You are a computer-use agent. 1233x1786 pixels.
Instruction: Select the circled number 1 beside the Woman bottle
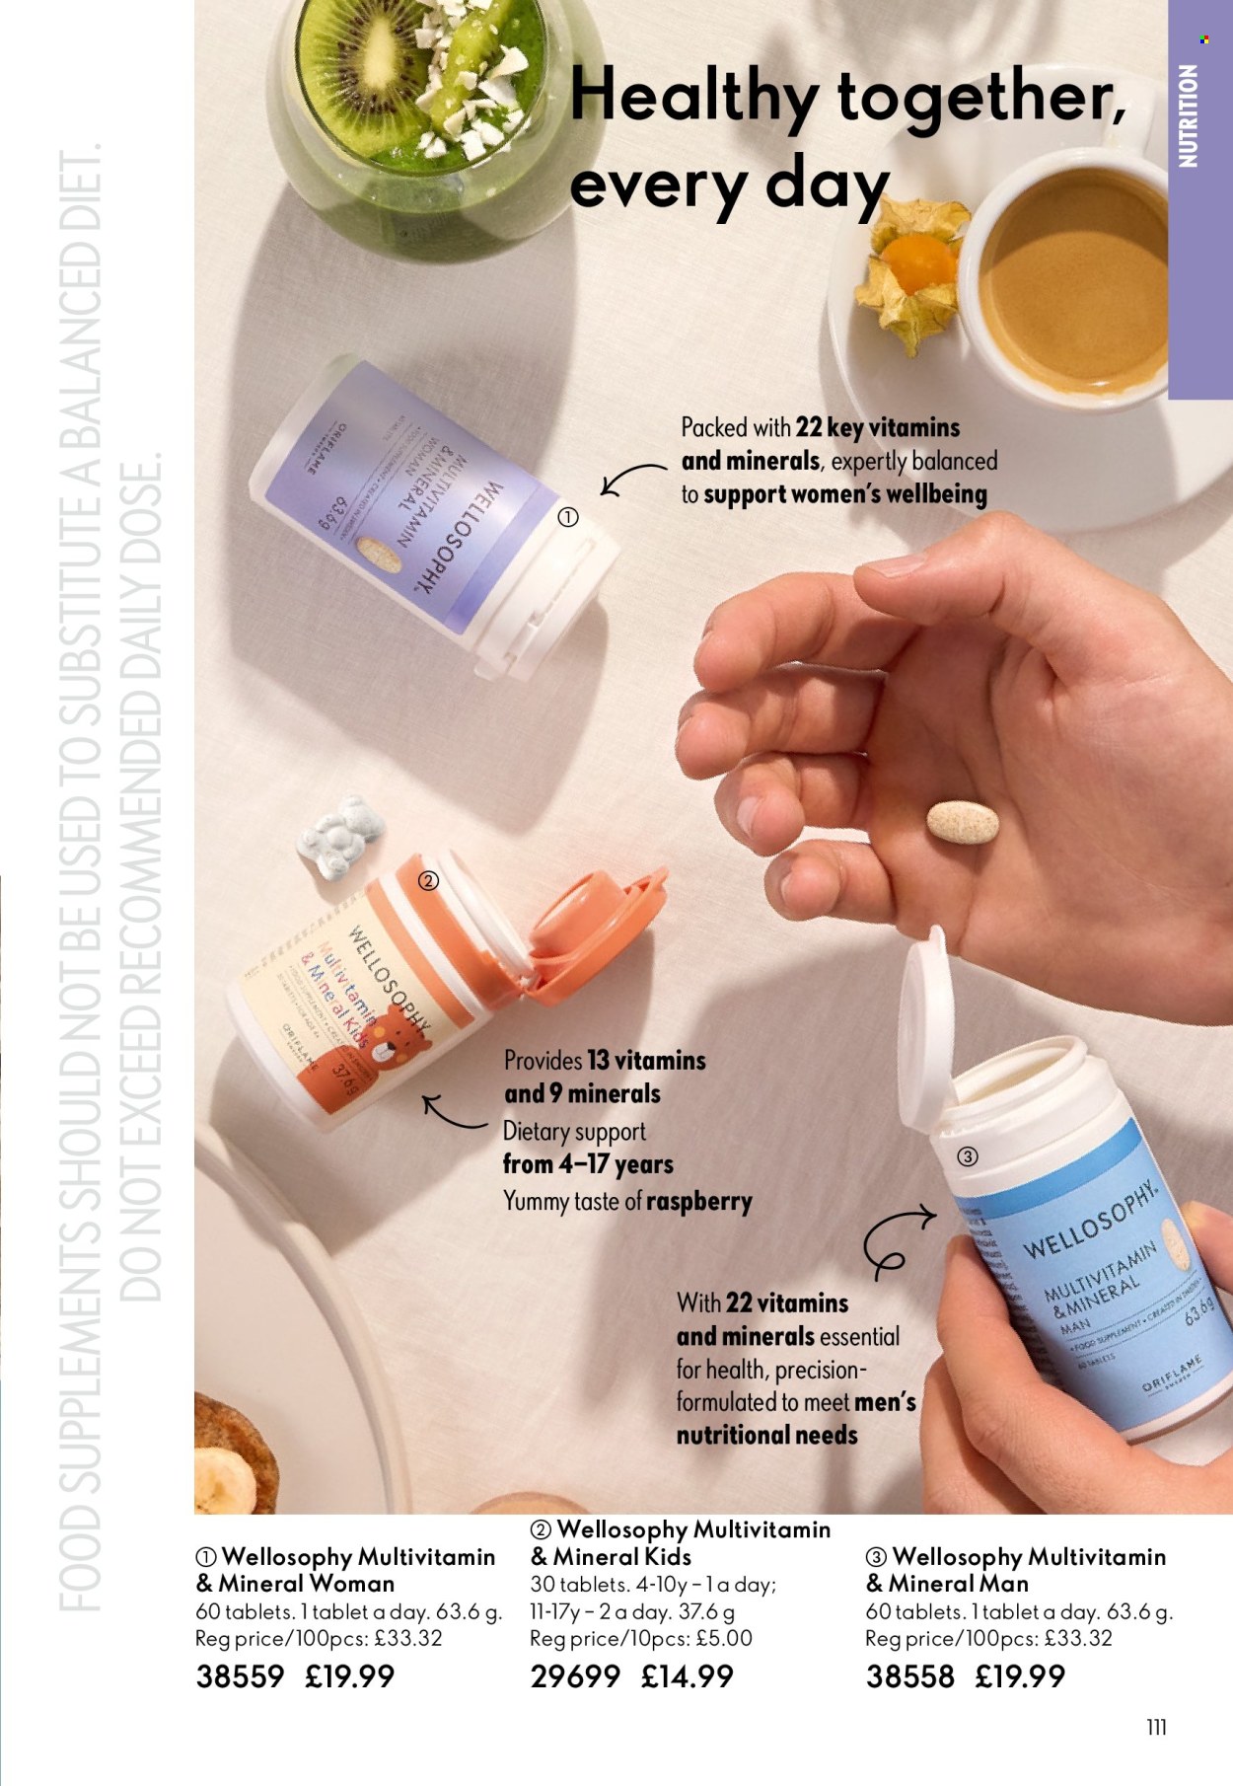(568, 517)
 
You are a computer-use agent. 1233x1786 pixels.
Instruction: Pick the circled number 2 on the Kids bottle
(428, 881)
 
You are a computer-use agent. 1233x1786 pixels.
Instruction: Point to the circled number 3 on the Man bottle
(968, 1156)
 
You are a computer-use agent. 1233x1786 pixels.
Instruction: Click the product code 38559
(240, 1676)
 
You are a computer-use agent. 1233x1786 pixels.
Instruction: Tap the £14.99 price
(687, 1676)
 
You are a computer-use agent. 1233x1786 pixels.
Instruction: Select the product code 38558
(909, 1676)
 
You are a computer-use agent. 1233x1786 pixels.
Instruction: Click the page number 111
(1157, 1727)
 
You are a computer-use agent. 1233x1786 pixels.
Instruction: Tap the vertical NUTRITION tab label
(1189, 115)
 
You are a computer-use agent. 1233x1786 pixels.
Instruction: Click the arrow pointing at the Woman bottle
(631, 479)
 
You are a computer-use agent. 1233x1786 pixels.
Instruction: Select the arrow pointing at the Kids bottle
(454, 1113)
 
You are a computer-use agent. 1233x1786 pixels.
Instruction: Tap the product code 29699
(575, 1676)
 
